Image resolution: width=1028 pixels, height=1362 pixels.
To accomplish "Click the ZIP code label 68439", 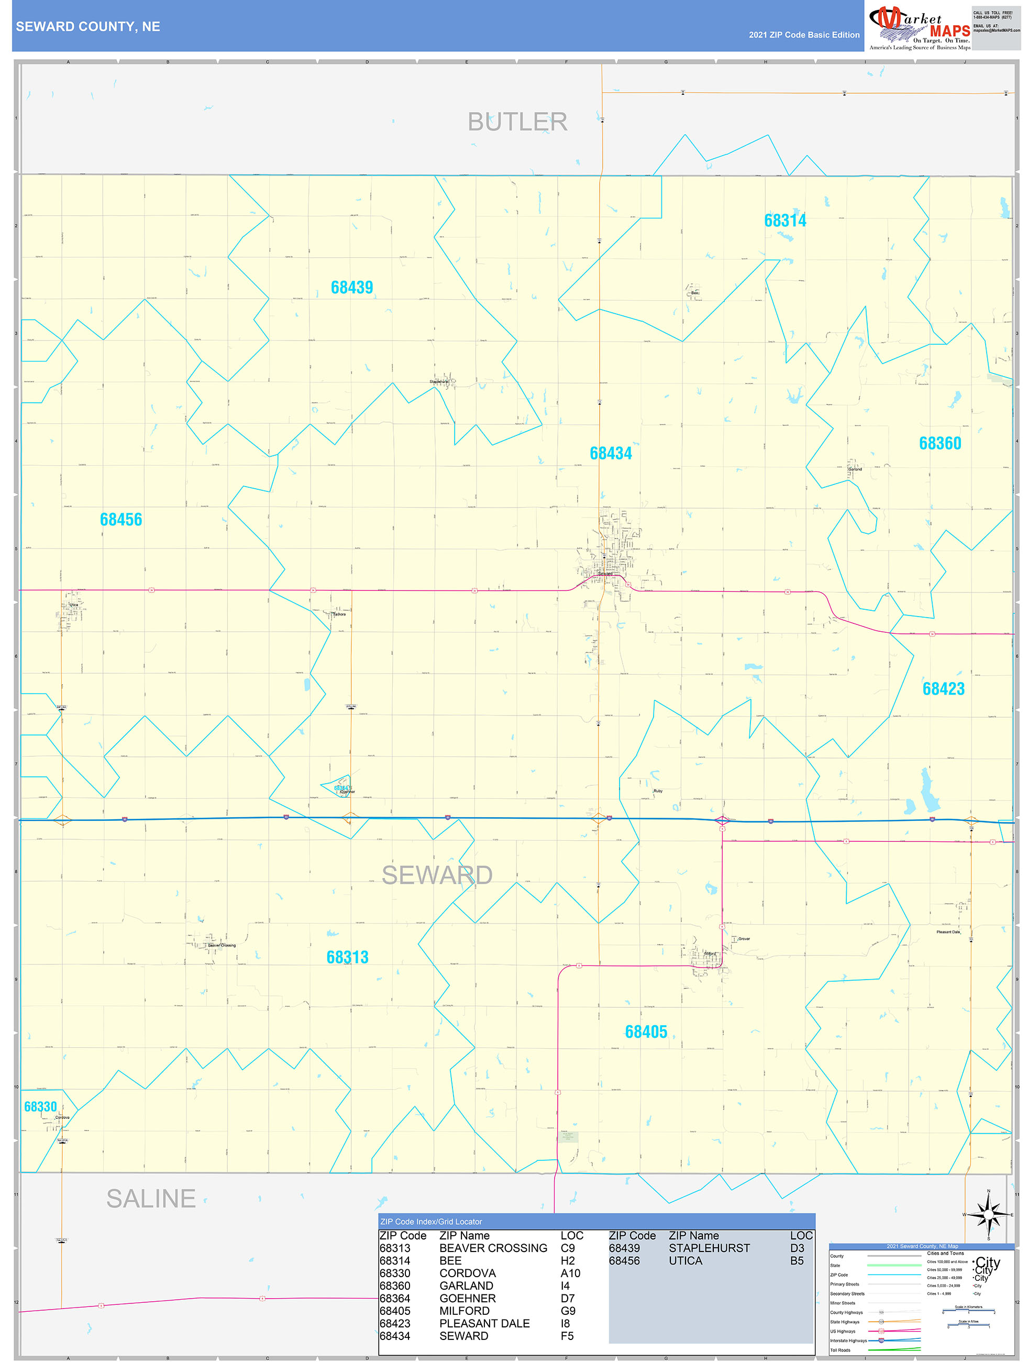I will coord(351,288).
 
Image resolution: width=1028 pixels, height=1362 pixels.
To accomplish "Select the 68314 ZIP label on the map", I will coord(785,221).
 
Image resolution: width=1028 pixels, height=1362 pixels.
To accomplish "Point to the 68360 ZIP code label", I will coord(939,443).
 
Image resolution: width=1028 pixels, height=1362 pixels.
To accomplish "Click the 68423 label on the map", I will coord(943,689).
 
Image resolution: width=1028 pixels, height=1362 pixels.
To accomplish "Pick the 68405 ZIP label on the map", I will coord(646,1032).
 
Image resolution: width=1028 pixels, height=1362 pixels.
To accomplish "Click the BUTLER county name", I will coord(517,122).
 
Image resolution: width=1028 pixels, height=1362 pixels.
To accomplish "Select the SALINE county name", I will coord(151,1199).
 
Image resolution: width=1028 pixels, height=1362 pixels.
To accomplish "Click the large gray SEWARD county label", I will coord(437,875).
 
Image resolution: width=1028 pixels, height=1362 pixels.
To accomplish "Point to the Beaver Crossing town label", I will coord(222,945).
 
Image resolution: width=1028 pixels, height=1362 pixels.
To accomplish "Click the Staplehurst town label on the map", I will coord(439,382).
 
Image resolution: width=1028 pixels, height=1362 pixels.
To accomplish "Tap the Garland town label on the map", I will coord(855,469).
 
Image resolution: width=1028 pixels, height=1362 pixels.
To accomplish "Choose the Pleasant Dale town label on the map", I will coord(948,931).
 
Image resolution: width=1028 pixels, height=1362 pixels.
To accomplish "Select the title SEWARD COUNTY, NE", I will coord(88,27).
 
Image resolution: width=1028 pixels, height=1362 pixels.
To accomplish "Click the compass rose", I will coord(988,1215).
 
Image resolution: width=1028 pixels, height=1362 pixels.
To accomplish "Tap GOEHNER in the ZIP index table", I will coord(467,1298).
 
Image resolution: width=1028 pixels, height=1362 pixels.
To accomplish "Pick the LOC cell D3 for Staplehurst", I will coord(797,1248).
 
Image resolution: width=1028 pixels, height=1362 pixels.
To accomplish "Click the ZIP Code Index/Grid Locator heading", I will coord(431,1222).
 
